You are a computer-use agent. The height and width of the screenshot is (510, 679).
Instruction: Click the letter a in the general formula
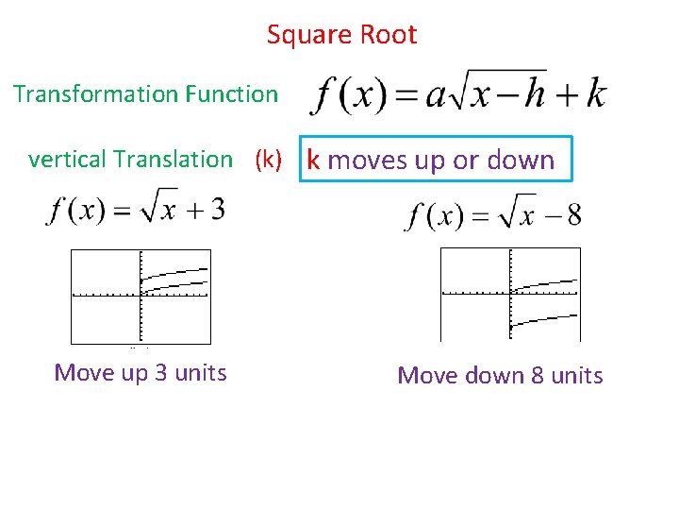tap(435, 96)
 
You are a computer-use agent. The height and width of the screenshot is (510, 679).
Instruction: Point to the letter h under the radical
tap(535, 94)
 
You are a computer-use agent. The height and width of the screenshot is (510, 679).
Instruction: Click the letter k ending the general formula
tap(595, 94)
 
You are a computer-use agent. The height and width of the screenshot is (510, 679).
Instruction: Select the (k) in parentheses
tap(268, 160)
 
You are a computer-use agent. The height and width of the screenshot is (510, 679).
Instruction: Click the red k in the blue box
tap(313, 161)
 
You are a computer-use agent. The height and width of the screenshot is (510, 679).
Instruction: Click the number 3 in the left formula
tap(216, 210)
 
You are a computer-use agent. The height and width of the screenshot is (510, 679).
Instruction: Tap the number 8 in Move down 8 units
tap(538, 376)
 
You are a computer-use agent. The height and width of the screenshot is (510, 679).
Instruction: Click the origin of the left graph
tap(140, 297)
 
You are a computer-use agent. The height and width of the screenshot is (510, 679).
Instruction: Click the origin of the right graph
tap(510, 295)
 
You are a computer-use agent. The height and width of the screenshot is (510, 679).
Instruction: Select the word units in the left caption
tap(201, 373)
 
